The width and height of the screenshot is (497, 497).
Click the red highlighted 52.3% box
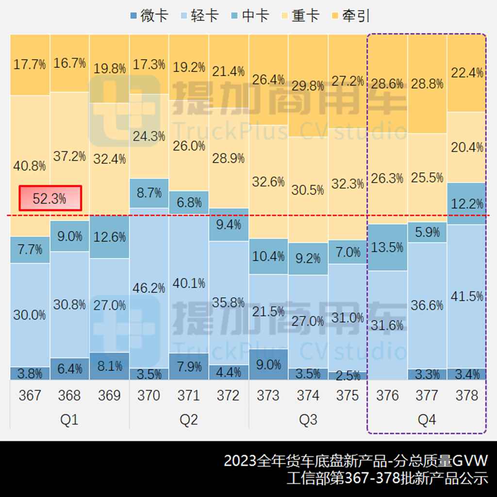pos(50,199)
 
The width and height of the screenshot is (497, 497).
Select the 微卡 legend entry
pos(149,16)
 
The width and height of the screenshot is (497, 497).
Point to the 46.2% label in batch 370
pos(149,287)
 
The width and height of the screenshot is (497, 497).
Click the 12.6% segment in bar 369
pos(109,237)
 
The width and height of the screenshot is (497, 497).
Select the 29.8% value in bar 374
pos(308,86)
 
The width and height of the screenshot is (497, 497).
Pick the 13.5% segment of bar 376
pos(387,247)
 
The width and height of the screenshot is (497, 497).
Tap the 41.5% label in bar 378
pos(467,296)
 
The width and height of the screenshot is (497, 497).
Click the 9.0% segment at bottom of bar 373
pos(268,364)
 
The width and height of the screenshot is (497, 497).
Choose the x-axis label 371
pos(188,396)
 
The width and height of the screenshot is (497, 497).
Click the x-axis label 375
pos(348,396)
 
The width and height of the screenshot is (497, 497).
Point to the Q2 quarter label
pos(188,419)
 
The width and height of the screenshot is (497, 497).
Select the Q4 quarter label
pos(427,419)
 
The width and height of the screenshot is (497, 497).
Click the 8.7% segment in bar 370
pos(149,193)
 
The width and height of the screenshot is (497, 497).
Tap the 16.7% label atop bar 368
pos(69,63)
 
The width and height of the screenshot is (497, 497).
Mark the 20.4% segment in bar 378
pos(467,147)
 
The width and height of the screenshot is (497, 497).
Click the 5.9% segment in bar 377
pos(427,232)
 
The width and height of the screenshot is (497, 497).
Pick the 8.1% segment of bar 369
pos(109,366)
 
